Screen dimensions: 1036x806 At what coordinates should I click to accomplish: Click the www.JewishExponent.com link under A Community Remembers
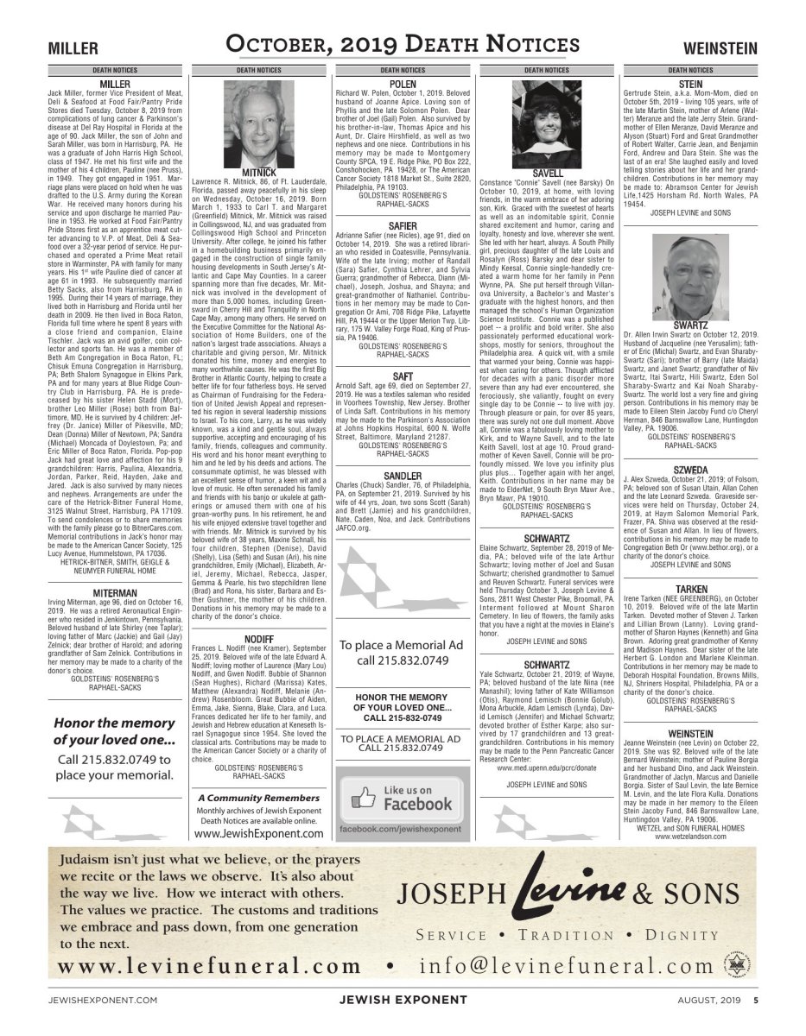tap(258, 834)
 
